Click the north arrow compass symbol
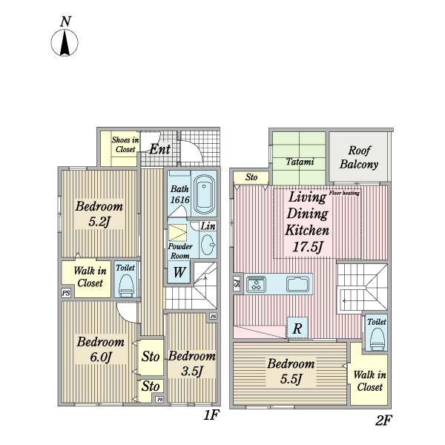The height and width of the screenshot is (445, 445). [65, 42]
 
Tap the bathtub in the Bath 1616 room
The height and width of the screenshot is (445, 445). [204, 194]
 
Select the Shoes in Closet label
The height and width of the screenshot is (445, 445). [125, 144]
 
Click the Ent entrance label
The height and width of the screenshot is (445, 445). [159, 149]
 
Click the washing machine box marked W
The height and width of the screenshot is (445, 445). [179, 272]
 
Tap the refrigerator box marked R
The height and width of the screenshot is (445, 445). [297, 328]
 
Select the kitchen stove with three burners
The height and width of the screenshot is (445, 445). [257, 284]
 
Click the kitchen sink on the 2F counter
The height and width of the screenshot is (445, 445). [297, 284]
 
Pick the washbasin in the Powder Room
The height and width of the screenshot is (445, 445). [208, 245]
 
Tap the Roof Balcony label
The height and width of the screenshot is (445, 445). [359, 157]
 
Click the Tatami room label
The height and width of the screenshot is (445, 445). [300, 162]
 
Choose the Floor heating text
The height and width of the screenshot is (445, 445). [344, 193]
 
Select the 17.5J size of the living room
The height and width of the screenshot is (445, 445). [308, 246]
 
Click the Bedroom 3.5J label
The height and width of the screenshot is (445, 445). [192, 363]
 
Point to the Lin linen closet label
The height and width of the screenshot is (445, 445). [208, 226]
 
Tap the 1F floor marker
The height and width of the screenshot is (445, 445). [211, 415]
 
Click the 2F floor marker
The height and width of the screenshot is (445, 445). [383, 421]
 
